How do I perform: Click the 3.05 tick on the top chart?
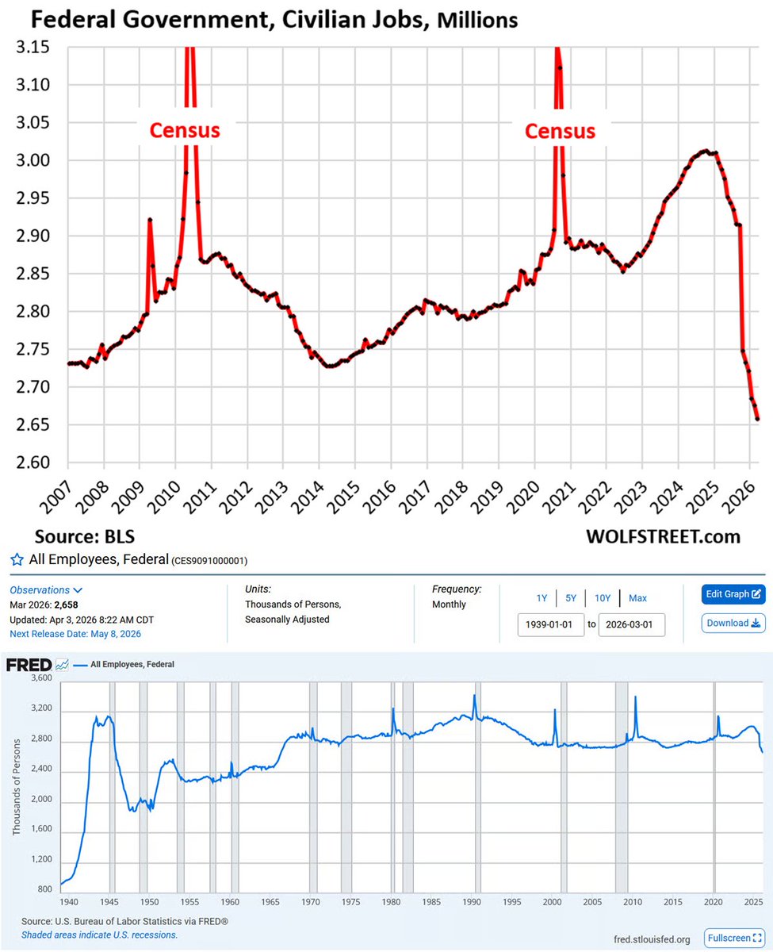click(29, 123)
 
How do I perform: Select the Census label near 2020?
click(561, 130)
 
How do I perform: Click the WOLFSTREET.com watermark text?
click(663, 536)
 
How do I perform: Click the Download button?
click(733, 623)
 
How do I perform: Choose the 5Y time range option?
click(571, 597)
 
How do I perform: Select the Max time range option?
click(637, 597)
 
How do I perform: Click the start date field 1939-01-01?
click(550, 624)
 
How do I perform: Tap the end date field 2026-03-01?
click(632, 624)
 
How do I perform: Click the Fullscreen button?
click(734, 938)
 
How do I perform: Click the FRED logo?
click(29, 664)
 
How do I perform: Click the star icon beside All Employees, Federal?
click(16, 560)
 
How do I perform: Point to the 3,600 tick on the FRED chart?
click(39, 679)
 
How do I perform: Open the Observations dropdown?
click(46, 590)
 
